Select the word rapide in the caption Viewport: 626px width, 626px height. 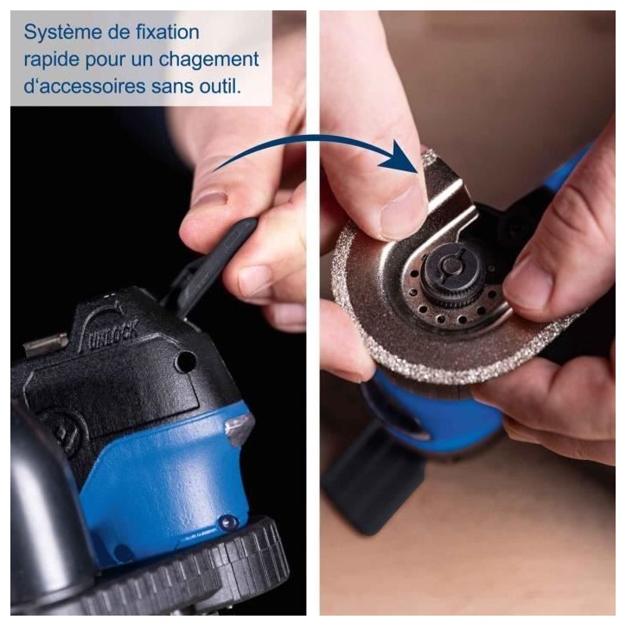52,61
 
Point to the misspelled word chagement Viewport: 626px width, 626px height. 208,60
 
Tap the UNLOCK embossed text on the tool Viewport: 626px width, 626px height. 113,335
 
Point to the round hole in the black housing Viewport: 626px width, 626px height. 186,361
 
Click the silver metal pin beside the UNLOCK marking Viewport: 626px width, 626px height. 45,344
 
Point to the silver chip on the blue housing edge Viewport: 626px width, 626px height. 240,428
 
